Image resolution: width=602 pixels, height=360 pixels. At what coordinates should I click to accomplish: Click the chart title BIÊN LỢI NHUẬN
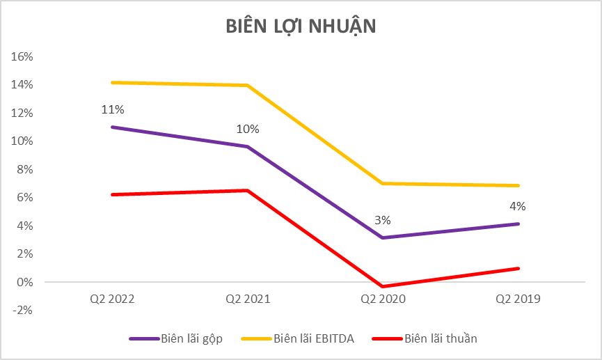[x=301, y=26]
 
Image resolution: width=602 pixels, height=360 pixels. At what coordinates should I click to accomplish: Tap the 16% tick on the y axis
[x=24, y=56]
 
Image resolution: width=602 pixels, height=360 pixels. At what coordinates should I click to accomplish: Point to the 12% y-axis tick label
[x=24, y=113]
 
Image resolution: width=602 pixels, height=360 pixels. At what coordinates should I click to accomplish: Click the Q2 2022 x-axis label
[x=112, y=299]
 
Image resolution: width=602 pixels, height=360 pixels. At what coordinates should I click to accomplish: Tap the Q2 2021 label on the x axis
[x=248, y=299]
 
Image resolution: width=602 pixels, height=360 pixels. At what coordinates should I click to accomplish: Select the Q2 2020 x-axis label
[x=383, y=299]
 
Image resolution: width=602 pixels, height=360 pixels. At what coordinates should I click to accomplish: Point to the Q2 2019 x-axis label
[x=518, y=299]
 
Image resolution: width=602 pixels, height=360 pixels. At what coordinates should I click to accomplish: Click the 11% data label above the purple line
[x=113, y=109]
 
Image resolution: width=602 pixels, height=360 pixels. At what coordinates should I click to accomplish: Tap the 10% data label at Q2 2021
[x=248, y=129]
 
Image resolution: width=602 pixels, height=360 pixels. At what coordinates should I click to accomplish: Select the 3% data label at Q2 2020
[x=383, y=220]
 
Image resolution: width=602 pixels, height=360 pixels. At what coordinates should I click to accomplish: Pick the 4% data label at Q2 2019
[x=518, y=206]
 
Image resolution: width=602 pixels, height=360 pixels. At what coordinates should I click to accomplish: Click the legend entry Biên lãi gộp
[x=180, y=339]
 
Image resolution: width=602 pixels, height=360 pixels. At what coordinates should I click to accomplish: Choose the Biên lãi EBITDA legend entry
[x=297, y=339]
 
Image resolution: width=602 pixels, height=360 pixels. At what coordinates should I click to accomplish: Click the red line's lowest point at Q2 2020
[x=383, y=286]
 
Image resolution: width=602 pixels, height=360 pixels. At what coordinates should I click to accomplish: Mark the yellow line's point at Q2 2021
[x=248, y=86]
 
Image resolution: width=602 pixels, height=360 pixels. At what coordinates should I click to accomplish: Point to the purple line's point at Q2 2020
[x=383, y=237]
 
